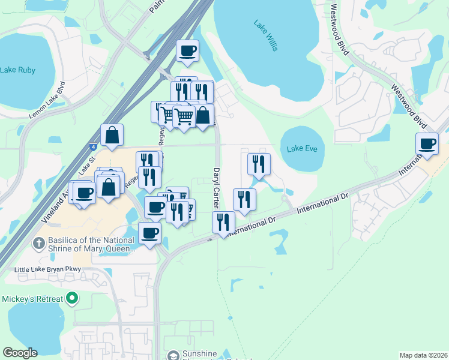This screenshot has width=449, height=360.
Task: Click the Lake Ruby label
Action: tap(18, 70)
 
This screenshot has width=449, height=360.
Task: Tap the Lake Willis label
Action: tap(265, 36)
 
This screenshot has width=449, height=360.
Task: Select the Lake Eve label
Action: tap(301, 149)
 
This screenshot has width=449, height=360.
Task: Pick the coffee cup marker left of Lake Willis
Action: tap(188, 50)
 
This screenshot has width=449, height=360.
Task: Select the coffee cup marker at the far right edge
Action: tap(427, 145)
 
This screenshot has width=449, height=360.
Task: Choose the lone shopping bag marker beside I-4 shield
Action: tap(112, 135)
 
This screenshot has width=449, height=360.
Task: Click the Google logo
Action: tap(20, 353)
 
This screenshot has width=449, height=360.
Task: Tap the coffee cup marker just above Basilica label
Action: tap(149, 233)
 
